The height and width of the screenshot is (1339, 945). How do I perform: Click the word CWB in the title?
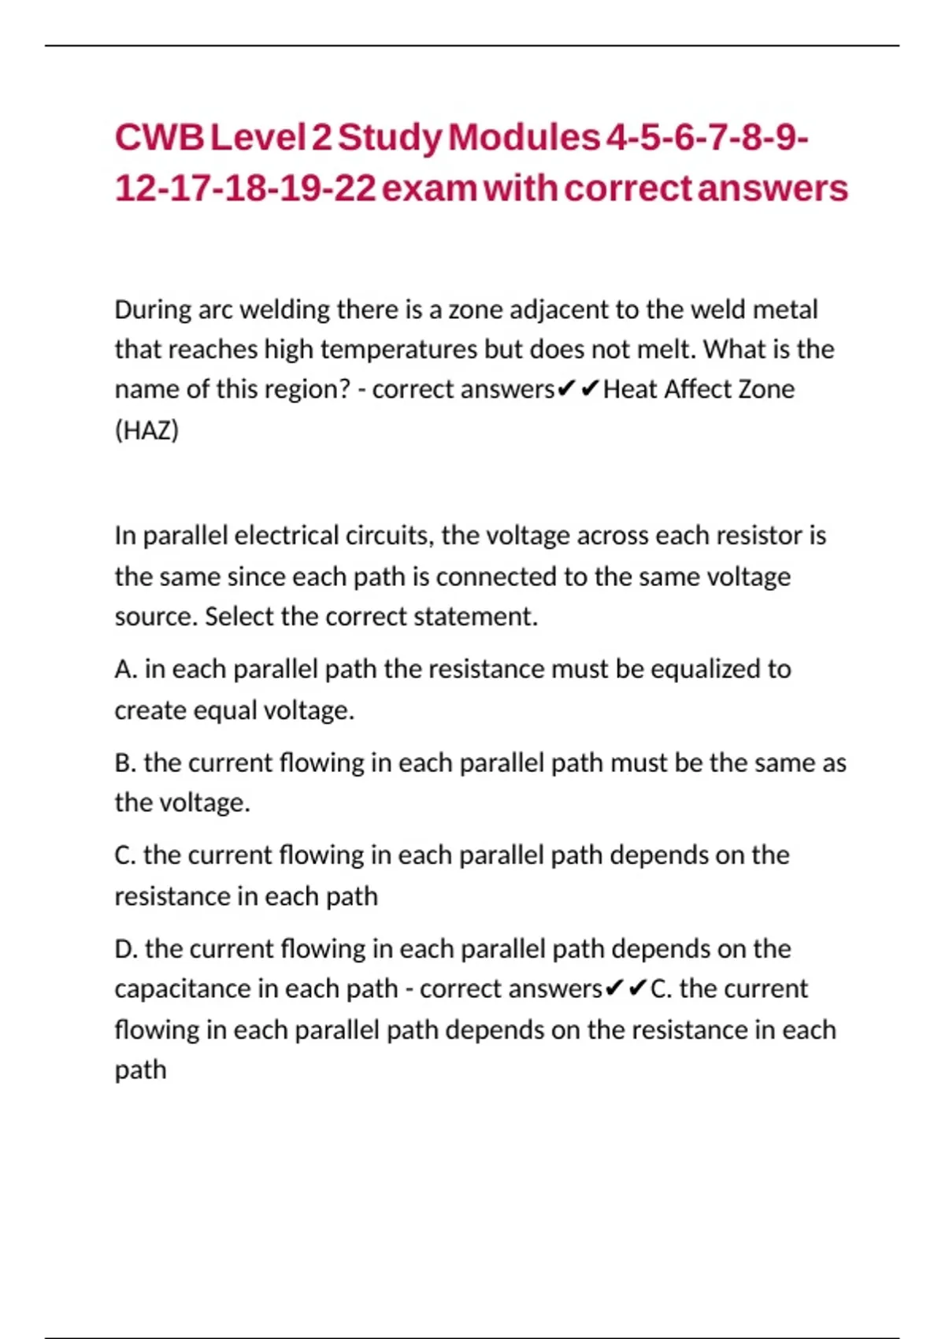[159, 138]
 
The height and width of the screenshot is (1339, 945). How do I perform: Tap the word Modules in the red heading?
[524, 138]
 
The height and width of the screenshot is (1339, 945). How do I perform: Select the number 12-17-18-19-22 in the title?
[245, 189]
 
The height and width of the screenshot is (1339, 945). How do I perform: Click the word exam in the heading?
[429, 189]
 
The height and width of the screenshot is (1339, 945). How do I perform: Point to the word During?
[152, 310]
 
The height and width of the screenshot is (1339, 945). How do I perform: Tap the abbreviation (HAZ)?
[146, 430]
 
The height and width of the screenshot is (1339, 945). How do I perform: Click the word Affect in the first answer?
[699, 390]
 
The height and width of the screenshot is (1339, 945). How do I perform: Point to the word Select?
[239, 617]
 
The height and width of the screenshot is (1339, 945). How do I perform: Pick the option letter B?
[124, 763]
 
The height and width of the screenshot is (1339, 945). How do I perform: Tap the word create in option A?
[150, 710]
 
